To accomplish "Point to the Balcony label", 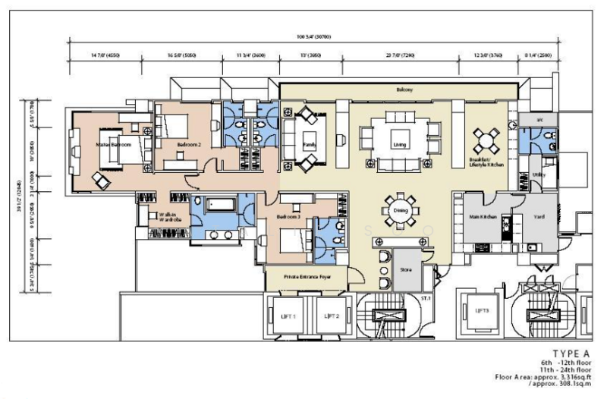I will (x=404, y=90).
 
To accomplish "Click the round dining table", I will (x=399, y=212).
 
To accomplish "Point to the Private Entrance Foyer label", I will (x=305, y=277).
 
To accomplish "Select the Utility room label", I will (x=539, y=174).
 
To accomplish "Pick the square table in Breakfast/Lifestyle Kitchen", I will (x=486, y=140).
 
